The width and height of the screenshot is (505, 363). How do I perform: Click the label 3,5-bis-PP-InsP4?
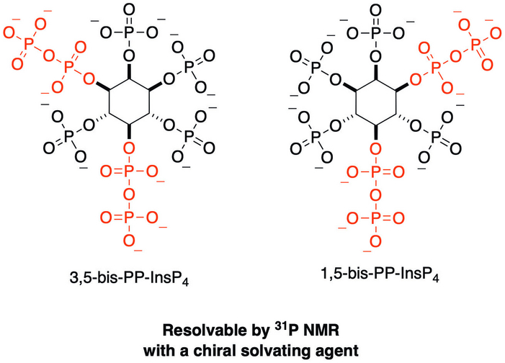click(x=129, y=278)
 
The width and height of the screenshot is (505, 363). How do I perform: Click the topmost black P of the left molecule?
click(x=129, y=33)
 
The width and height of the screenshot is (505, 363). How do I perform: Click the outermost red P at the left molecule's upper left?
click(x=28, y=42)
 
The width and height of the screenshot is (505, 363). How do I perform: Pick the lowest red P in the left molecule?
click(x=129, y=218)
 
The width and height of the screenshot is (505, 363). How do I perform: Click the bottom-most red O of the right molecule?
click(x=376, y=241)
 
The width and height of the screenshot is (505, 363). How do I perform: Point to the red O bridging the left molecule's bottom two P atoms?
click(x=129, y=195)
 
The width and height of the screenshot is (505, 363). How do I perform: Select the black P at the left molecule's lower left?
click(x=67, y=137)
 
